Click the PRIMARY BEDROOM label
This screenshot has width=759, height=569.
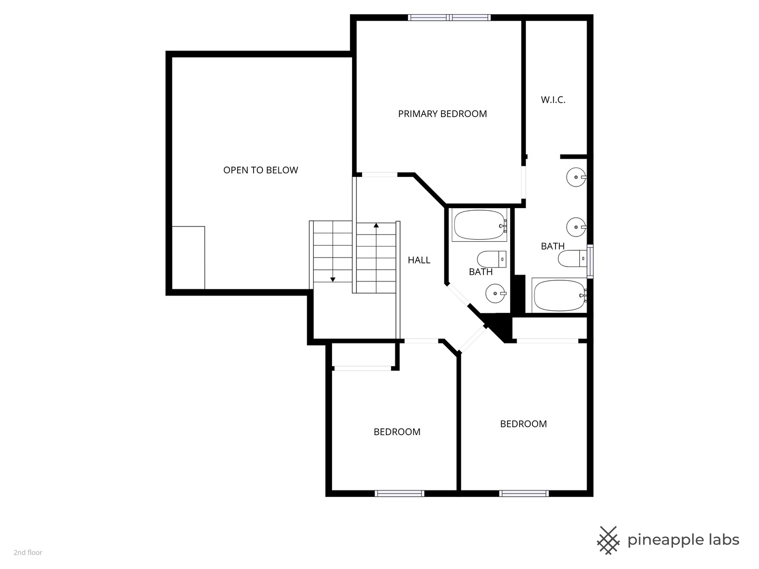[442, 114]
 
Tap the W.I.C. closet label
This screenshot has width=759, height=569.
[553, 100]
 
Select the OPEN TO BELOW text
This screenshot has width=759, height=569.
[260, 170]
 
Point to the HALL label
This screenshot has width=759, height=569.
[419, 260]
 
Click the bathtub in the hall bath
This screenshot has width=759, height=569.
[480, 225]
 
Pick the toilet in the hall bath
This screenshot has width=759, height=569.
[492, 259]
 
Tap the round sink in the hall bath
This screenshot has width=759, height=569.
[496, 293]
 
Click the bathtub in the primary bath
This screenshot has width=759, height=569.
[559, 296]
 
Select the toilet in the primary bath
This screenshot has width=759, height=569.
[572, 258]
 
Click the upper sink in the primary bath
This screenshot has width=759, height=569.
[576, 177]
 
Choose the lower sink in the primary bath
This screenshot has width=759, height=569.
[576, 227]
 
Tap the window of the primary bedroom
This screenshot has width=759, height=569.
[449, 17]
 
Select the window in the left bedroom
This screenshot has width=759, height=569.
[400, 493]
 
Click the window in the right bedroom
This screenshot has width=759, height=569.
[523, 493]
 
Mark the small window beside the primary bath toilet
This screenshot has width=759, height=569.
[590, 261]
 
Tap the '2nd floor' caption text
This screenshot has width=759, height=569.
[28, 553]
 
